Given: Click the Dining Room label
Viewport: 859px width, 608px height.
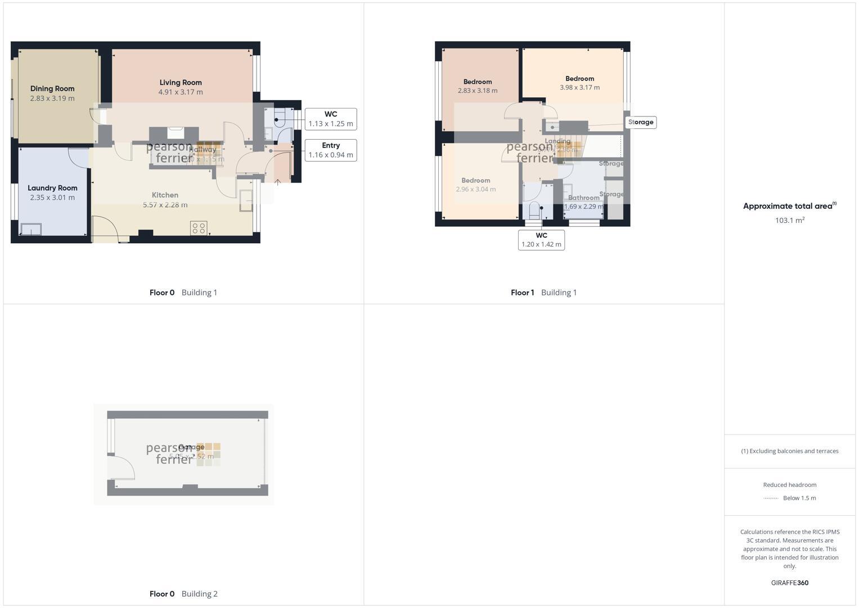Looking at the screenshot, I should (x=52, y=88).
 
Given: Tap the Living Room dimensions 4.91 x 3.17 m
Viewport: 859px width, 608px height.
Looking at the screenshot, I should (x=181, y=92).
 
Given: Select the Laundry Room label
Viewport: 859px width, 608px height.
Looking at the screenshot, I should (x=52, y=188).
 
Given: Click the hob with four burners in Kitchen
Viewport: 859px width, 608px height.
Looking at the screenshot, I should (x=199, y=228).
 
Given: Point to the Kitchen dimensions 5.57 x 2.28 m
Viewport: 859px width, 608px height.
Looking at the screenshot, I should (x=165, y=205).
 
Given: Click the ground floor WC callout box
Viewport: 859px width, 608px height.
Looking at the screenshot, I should (x=331, y=119).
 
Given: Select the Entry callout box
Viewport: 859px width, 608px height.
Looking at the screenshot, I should (x=331, y=150).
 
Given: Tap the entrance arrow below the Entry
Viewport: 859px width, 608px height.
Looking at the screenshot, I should (x=277, y=182).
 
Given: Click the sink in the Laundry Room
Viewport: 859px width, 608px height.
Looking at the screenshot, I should (x=31, y=229).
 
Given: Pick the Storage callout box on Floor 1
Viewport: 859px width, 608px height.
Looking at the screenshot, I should (x=641, y=122).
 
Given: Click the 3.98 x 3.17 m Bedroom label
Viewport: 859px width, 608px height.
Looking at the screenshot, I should (x=579, y=79).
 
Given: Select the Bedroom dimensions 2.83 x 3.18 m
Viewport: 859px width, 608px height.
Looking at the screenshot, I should (x=478, y=91).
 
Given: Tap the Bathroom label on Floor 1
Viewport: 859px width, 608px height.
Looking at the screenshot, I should (x=583, y=198).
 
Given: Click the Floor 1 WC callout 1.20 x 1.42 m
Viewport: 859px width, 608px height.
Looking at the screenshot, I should (x=541, y=240).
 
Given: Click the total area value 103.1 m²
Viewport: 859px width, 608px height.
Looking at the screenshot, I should (x=789, y=220).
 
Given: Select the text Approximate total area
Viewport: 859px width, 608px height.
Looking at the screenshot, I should (x=787, y=206).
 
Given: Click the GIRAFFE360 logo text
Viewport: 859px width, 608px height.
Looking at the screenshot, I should (x=789, y=583).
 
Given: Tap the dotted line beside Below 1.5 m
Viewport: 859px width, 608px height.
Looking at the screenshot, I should (x=771, y=498).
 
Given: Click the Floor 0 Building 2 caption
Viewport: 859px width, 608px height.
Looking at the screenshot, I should (x=183, y=594).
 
